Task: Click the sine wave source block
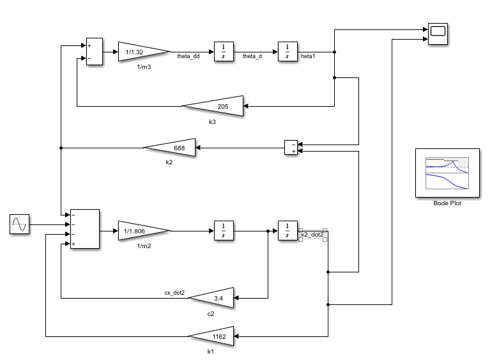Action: tap(20, 224)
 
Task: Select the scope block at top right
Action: tap(438, 34)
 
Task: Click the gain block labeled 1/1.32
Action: tap(141, 51)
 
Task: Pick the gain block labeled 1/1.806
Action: tap(141, 230)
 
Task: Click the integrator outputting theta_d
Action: tap(224, 51)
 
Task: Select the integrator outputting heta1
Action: tap(288, 51)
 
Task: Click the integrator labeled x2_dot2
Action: tap(288, 230)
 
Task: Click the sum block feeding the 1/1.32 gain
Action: tap(93, 51)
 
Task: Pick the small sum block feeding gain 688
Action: tap(292, 148)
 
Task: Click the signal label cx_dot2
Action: tap(174, 293)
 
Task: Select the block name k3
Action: tap(213, 121)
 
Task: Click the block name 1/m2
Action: tap(144, 246)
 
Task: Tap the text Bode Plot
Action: tap(447, 203)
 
